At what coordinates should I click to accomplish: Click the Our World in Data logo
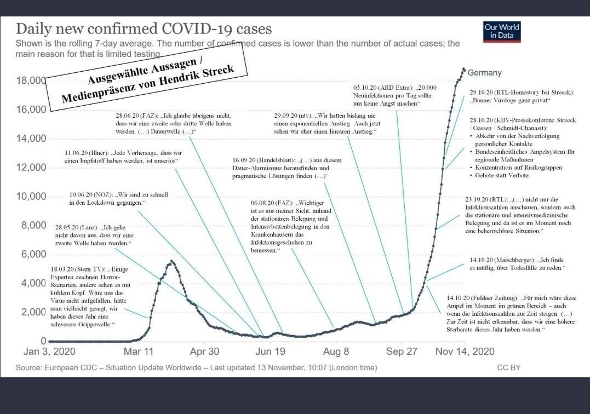[x=502, y=32]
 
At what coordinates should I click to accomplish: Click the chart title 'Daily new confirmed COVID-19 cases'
[x=144, y=28]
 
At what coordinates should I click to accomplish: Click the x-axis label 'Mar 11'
[x=140, y=352]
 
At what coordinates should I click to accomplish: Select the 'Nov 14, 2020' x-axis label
[x=464, y=352]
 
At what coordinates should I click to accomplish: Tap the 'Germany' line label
[x=484, y=73]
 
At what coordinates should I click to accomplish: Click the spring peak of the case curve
[x=172, y=261]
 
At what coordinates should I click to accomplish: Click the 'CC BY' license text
[x=509, y=368]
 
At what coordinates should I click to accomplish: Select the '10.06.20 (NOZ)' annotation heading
[x=91, y=194]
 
